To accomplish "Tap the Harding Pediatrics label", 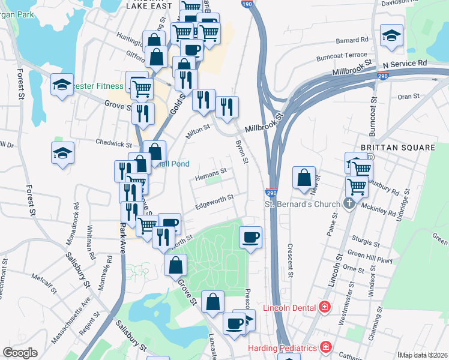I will (283, 348).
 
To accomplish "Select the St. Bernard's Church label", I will (303, 204).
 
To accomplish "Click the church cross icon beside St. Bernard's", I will (350, 204).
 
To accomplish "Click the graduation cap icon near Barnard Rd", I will (391, 36).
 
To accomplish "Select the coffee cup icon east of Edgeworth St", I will (251, 238).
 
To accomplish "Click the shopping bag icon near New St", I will (304, 178).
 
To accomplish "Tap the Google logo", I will (20, 353).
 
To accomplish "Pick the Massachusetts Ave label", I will (70, 320).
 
